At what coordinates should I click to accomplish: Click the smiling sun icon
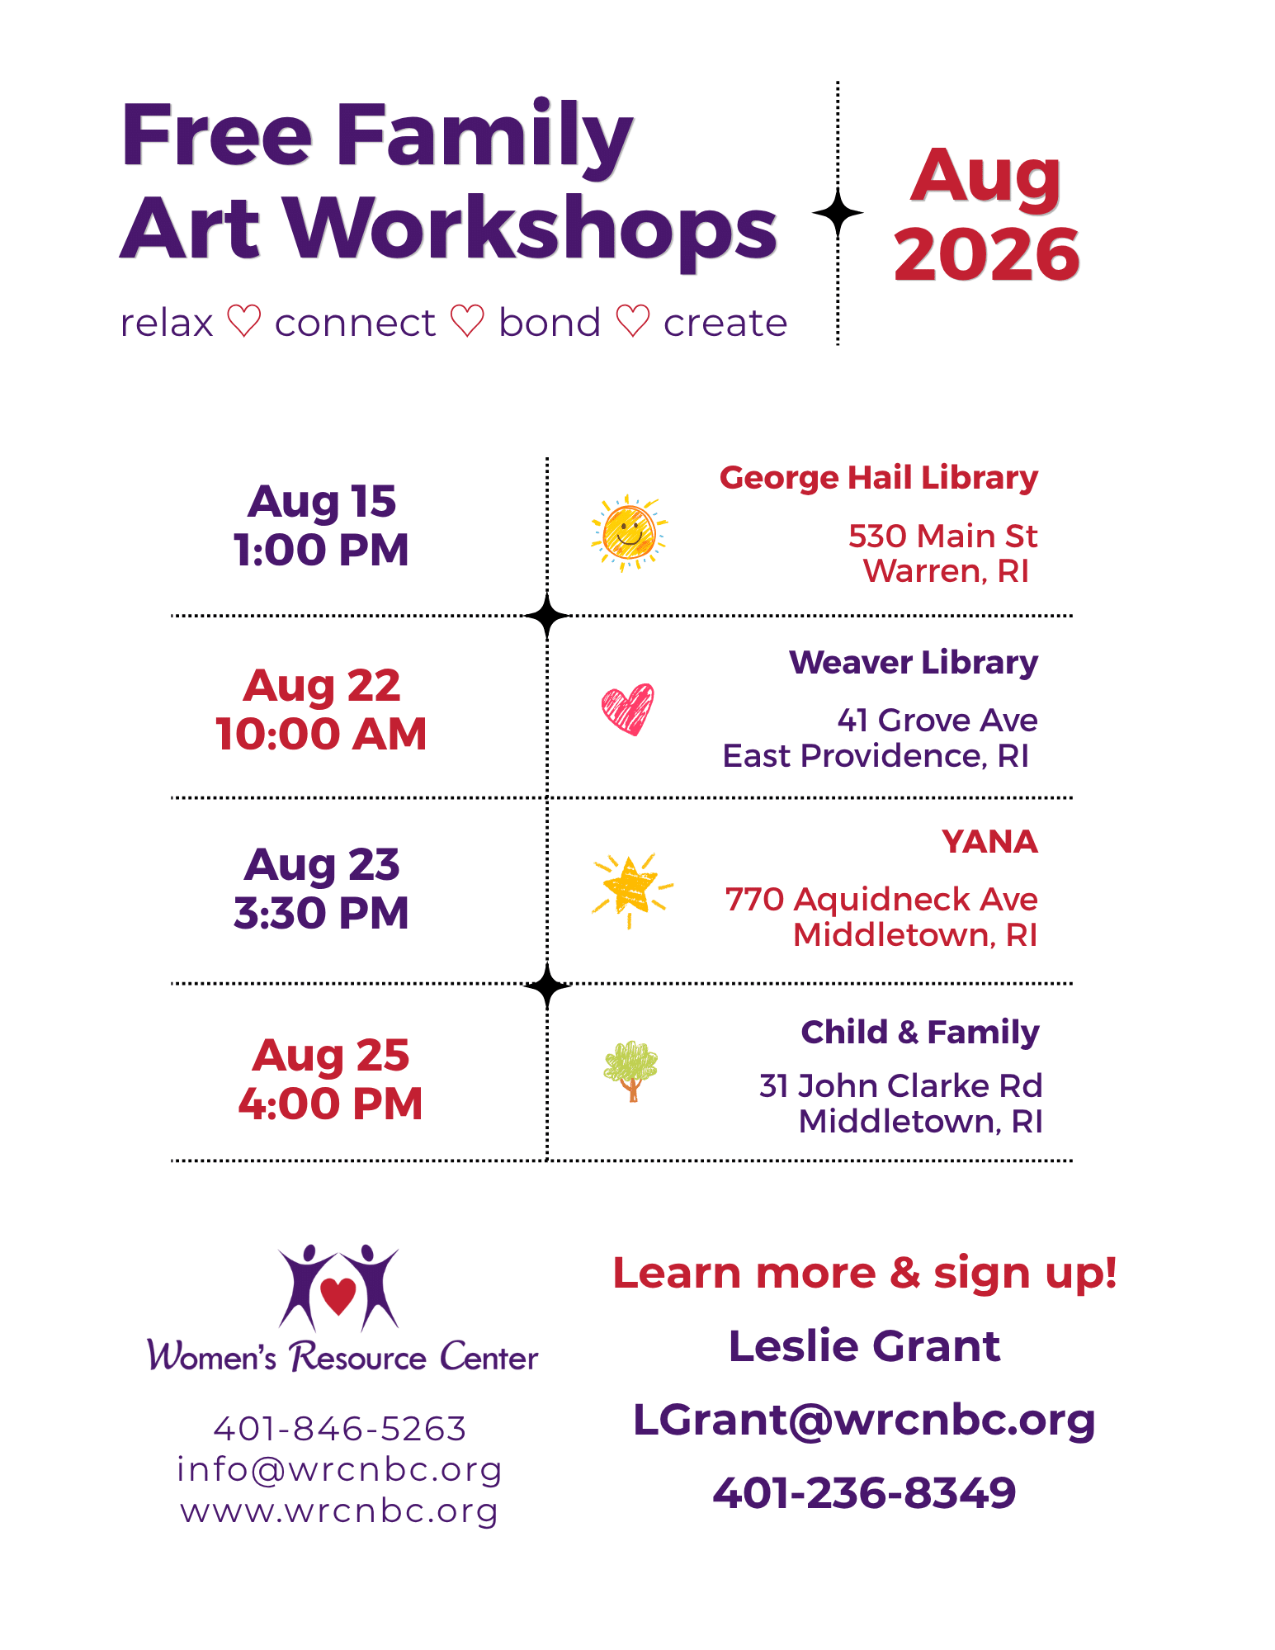click(630, 533)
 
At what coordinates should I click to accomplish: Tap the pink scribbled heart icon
click(628, 709)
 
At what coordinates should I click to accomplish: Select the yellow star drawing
click(631, 889)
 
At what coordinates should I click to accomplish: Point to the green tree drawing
click(631, 1071)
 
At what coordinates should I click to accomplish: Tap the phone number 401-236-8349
click(864, 1492)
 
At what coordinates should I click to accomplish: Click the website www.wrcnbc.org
click(339, 1511)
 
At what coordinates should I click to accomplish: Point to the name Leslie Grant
click(864, 1346)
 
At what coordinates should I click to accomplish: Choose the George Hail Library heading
click(879, 479)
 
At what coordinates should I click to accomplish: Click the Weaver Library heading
click(914, 663)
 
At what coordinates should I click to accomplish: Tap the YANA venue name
click(989, 842)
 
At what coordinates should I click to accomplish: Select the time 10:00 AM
click(321, 734)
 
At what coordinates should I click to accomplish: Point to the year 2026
click(987, 253)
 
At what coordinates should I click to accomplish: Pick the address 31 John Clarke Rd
click(901, 1086)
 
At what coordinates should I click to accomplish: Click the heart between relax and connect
click(244, 321)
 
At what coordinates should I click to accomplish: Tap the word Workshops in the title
click(531, 229)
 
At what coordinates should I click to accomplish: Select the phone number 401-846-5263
click(340, 1429)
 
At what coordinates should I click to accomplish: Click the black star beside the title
click(838, 214)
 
